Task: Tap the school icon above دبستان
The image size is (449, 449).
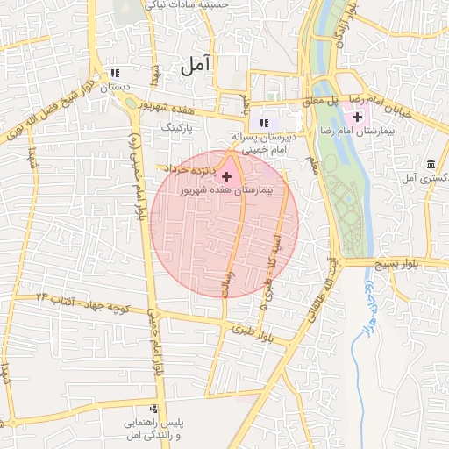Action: [x=113, y=73]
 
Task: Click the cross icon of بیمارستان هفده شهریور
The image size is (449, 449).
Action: [x=228, y=177]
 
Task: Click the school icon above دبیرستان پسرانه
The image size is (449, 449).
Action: [x=264, y=122]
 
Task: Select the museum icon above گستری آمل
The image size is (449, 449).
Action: [x=431, y=164]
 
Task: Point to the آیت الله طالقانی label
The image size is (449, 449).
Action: [x=320, y=294]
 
